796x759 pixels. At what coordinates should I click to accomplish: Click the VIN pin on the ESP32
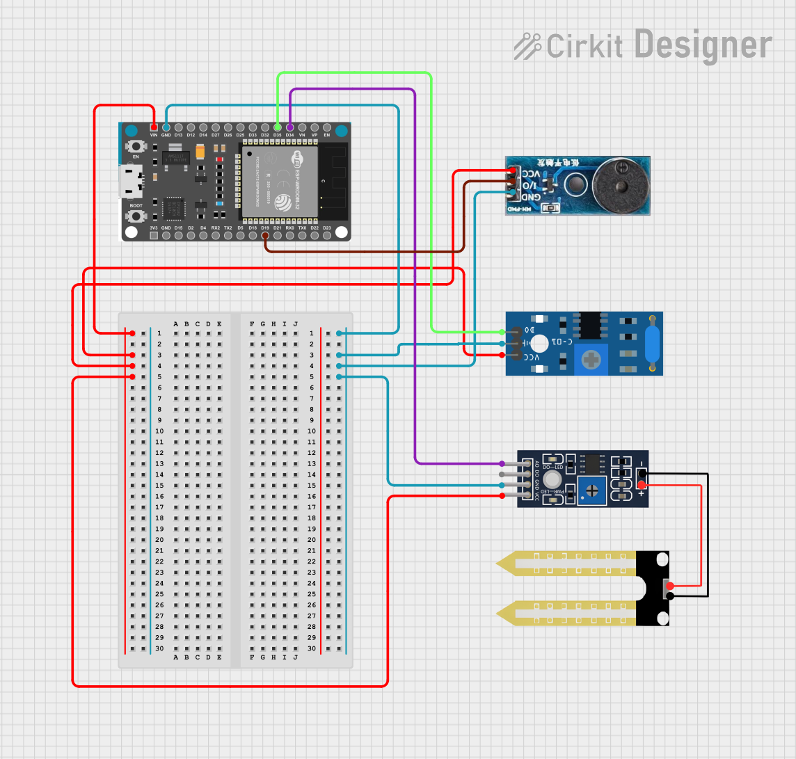154,127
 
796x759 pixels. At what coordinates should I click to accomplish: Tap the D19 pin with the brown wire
265,236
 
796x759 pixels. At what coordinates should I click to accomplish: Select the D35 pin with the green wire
278,127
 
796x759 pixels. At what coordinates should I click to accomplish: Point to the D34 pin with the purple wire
290,127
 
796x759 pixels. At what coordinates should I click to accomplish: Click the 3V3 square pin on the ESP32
154,236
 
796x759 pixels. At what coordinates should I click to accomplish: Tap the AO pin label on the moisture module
536,463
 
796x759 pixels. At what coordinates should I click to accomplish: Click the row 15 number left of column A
159,486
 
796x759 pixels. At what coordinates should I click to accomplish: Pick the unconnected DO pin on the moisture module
503,474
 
